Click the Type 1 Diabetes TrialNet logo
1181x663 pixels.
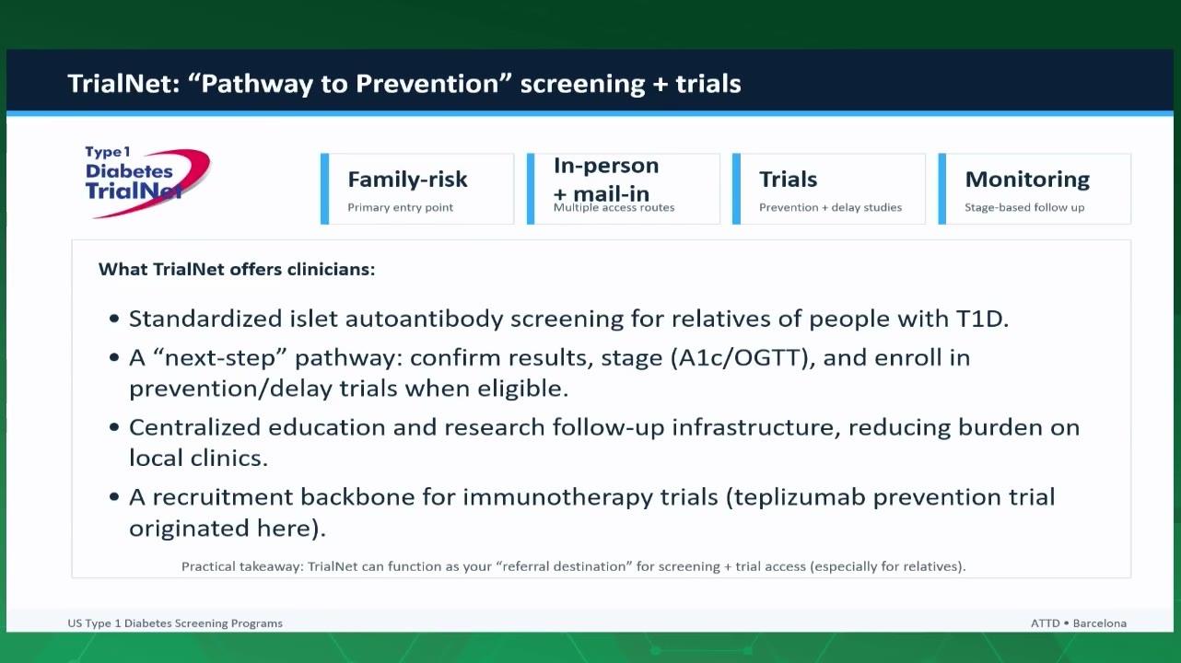pos(147,181)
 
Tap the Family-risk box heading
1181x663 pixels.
pos(407,180)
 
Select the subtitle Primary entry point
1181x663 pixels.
pos(400,207)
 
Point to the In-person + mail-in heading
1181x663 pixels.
pos(606,180)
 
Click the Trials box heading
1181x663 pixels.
pos(789,180)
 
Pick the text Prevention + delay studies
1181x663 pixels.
pos(830,207)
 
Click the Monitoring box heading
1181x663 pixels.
pos(1027,180)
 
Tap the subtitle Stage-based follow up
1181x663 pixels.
pos(1024,207)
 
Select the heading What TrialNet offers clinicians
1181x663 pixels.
pos(237,269)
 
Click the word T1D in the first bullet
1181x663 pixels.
pos(982,319)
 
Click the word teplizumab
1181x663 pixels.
pos(800,497)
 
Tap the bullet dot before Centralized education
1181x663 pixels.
pos(114,427)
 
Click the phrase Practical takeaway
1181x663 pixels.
pos(243,566)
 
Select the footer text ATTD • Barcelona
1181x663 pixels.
pos(1079,623)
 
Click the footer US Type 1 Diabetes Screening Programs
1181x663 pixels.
pos(175,623)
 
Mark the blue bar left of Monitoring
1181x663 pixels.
pos(942,189)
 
